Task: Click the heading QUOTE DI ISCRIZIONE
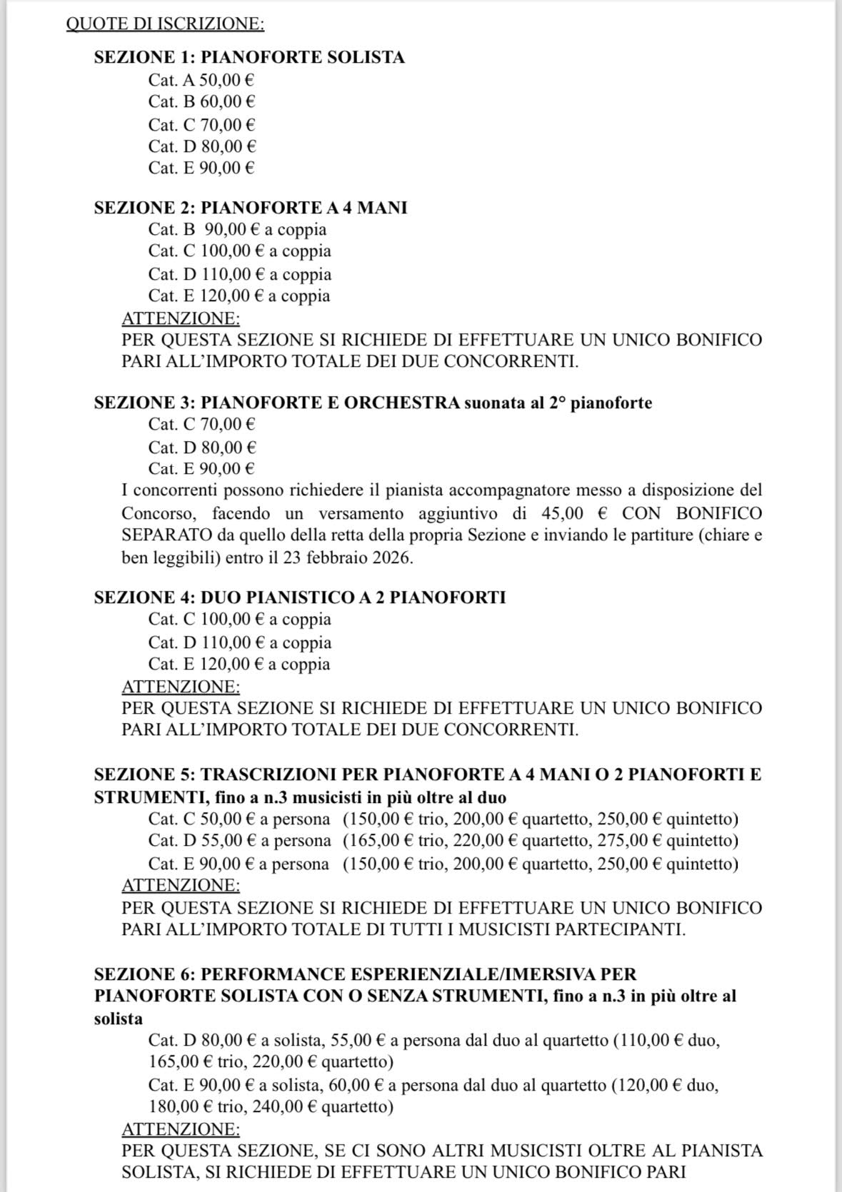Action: click(165, 24)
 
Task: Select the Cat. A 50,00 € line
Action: click(201, 80)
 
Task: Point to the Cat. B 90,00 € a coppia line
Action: click(237, 229)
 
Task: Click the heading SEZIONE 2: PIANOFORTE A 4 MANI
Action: click(250, 208)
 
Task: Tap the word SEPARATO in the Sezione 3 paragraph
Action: click(167, 535)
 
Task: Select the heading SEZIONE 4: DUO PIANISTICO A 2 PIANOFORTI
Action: click(299, 597)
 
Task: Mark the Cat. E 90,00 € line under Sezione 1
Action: click(201, 168)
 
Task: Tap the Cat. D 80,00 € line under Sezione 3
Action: click(202, 448)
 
